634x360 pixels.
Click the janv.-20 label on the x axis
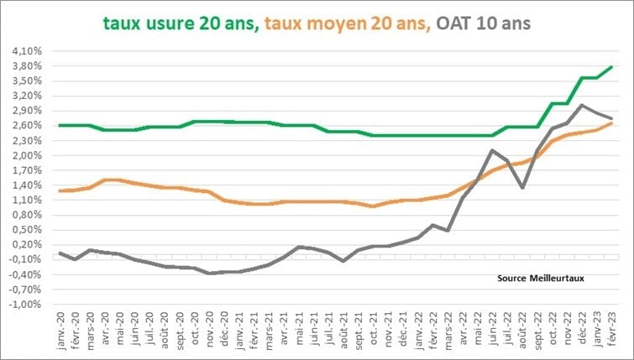[59, 331]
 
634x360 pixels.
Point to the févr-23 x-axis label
[610, 331]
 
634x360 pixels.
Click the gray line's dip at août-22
[522, 187]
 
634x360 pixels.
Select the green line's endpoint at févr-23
[611, 66]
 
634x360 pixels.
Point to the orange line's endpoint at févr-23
[611, 123]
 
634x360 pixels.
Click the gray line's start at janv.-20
[60, 253]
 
